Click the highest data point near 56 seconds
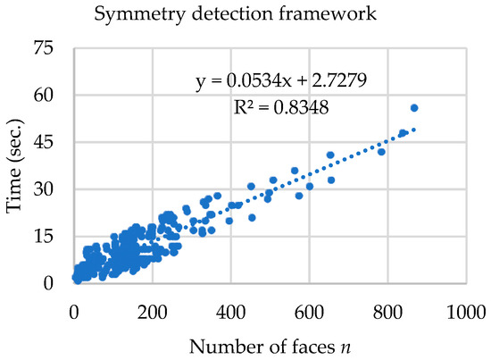[414, 108]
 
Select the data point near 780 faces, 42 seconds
[381, 152]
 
